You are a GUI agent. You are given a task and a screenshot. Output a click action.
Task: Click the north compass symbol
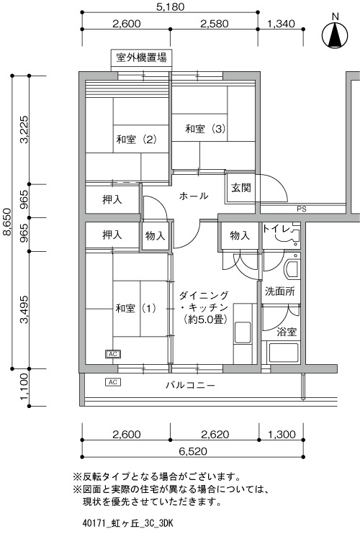click(335, 35)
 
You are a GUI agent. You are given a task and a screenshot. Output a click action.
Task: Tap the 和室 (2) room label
click(137, 140)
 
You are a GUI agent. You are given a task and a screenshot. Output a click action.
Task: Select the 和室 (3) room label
click(205, 129)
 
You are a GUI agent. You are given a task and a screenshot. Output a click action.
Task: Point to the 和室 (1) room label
click(136, 308)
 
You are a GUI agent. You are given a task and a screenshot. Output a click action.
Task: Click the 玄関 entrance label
click(240, 188)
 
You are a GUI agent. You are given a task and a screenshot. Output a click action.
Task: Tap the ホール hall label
click(194, 196)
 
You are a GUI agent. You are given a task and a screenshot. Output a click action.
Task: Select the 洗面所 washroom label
click(280, 291)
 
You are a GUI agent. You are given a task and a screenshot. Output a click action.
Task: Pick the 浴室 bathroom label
click(287, 332)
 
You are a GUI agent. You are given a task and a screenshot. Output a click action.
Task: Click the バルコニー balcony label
click(191, 385)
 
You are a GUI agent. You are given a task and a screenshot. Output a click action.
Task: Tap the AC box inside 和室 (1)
click(113, 354)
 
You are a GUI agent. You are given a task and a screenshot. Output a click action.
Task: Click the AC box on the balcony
click(113, 382)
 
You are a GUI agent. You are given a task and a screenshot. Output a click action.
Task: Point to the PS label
click(302, 209)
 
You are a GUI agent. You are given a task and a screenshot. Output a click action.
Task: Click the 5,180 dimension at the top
click(171, 6)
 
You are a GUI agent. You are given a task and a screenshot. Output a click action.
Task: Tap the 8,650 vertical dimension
click(6, 222)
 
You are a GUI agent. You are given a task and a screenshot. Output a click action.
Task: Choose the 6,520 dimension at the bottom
click(193, 451)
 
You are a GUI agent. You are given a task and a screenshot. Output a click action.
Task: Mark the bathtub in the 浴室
click(284, 353)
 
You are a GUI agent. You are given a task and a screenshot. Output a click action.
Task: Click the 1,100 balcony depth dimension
click(23, 386)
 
